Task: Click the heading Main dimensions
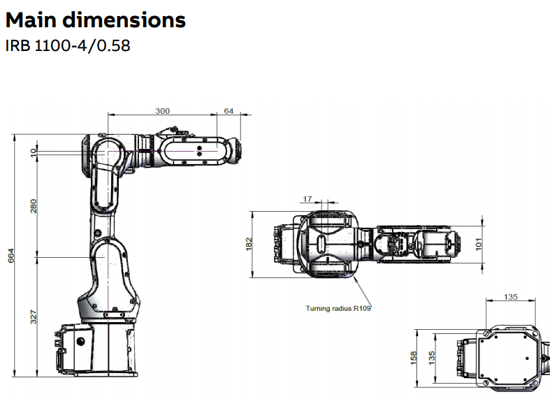click(x=96, y=20)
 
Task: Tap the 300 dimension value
click(x=162, y=111)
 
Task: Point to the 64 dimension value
click(x=228, y=111)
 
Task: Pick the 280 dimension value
click(x=34, y=206)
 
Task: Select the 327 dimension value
click(x=34, y=316)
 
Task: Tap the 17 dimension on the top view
click(x=307, y=198)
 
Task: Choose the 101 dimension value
click(x=479, y=244)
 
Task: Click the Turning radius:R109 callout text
click(x=338, y=307)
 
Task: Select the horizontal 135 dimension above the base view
click(x=510, y=297)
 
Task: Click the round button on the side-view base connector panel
click(x=82, y=340)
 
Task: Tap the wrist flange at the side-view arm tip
click(x=237, y=150)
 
